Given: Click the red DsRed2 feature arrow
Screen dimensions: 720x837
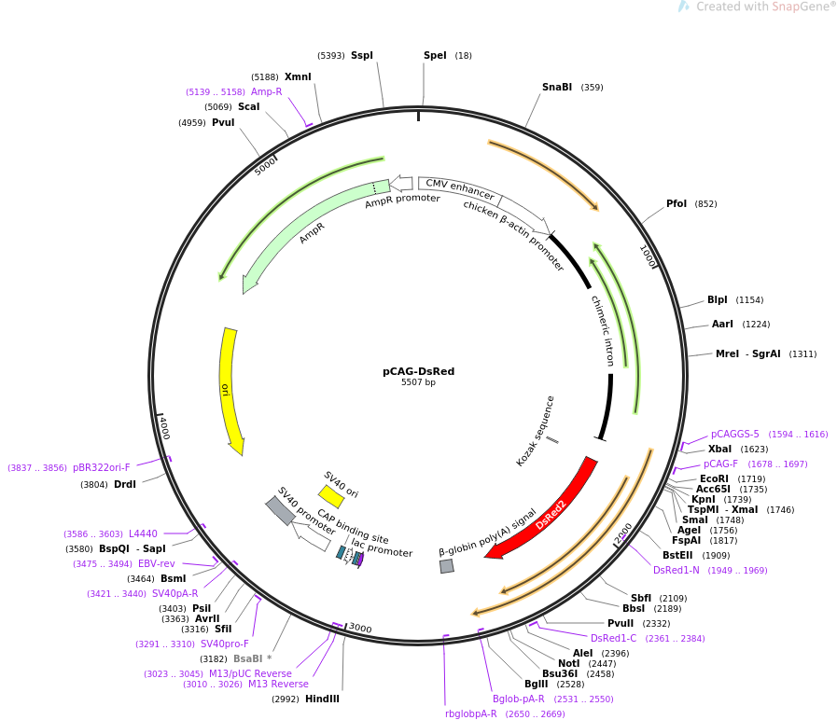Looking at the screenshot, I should pyautogui.click(x=551, y=509).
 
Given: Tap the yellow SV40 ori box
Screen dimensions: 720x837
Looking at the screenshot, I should pyautogui.click(x=331, y=496).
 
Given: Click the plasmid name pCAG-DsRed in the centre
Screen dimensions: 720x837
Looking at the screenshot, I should pyautogui.click(x=418, y=371).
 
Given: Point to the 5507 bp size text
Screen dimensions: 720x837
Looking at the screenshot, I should pyautogui.click(x=418, y=382).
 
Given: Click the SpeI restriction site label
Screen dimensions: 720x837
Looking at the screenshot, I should pyautogui.click(x=435, y=55).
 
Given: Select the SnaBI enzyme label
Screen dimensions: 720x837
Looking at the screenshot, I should pyautogui.click(x=557, y=88).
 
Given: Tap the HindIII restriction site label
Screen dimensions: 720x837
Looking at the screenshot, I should pyautogui.click(x=322, y=699).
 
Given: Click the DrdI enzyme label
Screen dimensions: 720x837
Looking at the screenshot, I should pyautogui.click(x=125, y=484).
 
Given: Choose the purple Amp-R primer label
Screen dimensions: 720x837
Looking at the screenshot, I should pyautogui.click(x=266, y=91).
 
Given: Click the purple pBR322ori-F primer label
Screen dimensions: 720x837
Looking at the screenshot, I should pyautogui.click(x=102, y=467).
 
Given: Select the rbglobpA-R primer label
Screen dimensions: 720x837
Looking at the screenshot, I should pyautogui.click(x=471, y=713).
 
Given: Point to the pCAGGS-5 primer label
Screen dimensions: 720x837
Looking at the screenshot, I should pyautogui.click(x=735, y=434).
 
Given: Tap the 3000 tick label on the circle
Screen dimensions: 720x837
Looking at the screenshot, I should pyautogui.click(x=360, y=629).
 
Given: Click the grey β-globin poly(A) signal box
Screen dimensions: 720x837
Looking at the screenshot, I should pyautogui.click(x=447, y=566).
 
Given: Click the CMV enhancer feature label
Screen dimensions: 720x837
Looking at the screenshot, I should pyautogui.click(x=460, y=189).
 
